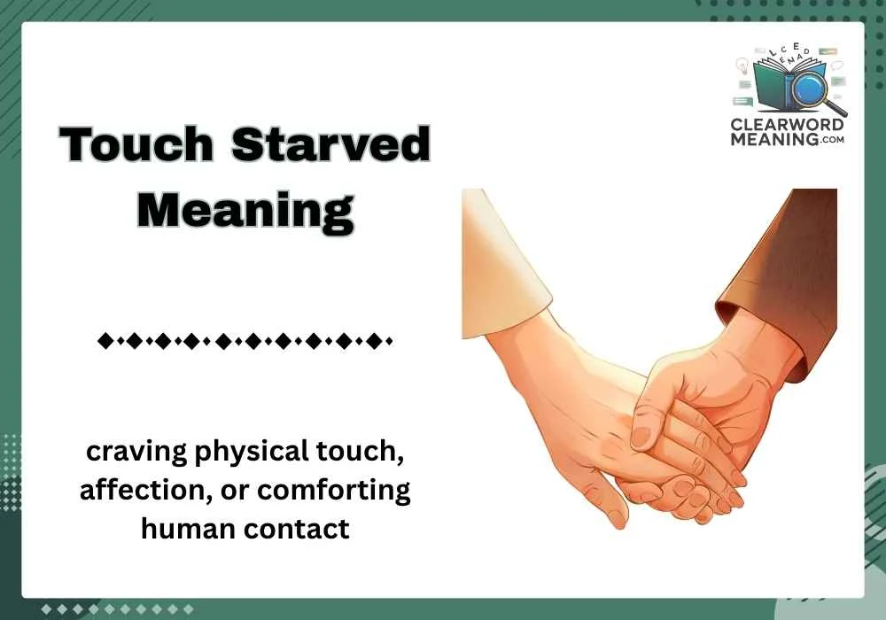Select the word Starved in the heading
(x=331, y=145)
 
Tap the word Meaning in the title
(x=245, y=210)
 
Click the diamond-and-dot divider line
(x=245, y=339)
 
